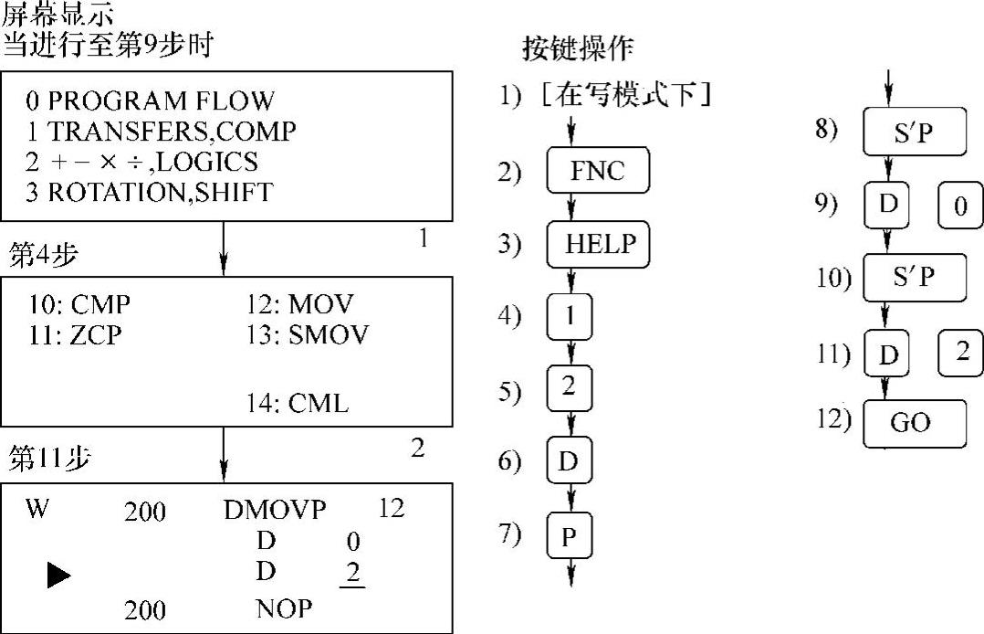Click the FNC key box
click(598, 172)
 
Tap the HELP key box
click(598, 244)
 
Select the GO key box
click(914, 422)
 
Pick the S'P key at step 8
click(914, 133)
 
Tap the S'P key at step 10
click(914, 279)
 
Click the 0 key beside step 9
click(960, 206)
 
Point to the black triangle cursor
click(58, 574)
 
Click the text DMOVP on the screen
click(274, 510)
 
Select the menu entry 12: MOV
click(300, 304)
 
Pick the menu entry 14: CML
click(298, 402)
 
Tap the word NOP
click(284, 608)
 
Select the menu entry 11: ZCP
click(75, 334)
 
